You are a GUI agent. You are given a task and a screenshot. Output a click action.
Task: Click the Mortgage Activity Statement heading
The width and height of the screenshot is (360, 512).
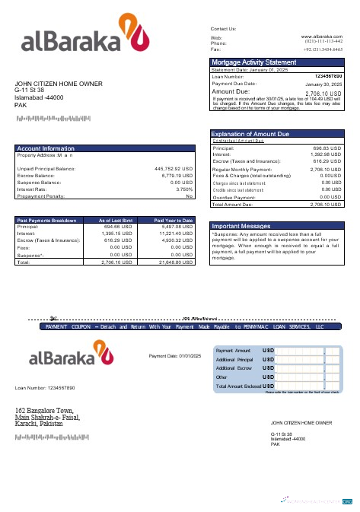(253, 62)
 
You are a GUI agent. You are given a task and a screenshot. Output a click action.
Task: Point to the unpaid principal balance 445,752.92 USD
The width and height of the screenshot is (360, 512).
(174, 168)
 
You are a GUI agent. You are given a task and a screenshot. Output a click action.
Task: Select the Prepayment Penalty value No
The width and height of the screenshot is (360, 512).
(190, 196)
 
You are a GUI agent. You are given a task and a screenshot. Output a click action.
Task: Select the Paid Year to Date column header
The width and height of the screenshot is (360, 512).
(174, 220)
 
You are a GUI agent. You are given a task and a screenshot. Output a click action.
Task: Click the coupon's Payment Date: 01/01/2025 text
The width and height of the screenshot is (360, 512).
(175, 356)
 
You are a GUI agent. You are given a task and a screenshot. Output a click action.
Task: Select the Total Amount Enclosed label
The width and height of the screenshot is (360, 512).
(238, 386)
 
